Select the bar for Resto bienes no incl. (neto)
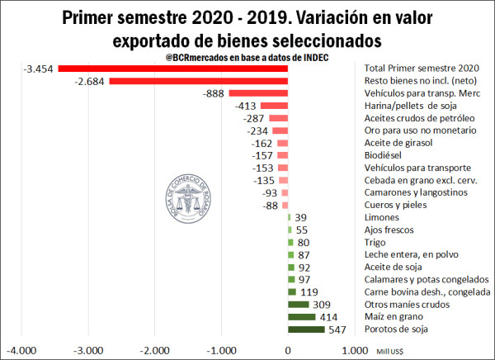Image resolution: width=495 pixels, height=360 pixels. click(198, 81)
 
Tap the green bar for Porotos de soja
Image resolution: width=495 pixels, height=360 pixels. click(306, 329)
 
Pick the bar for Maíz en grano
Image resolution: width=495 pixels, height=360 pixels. click(301, 317)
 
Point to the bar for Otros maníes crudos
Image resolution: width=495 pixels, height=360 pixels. click(298, 305)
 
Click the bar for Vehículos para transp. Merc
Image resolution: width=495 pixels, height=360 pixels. click(258, 93)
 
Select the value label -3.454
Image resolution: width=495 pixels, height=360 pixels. click(40, 69)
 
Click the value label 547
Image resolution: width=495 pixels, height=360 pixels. click(338, 329)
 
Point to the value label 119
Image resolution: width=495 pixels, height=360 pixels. click(309, 292)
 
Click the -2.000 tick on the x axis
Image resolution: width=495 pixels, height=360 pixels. click(154, 350)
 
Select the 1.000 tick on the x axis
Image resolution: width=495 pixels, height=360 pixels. click(355, 350)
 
